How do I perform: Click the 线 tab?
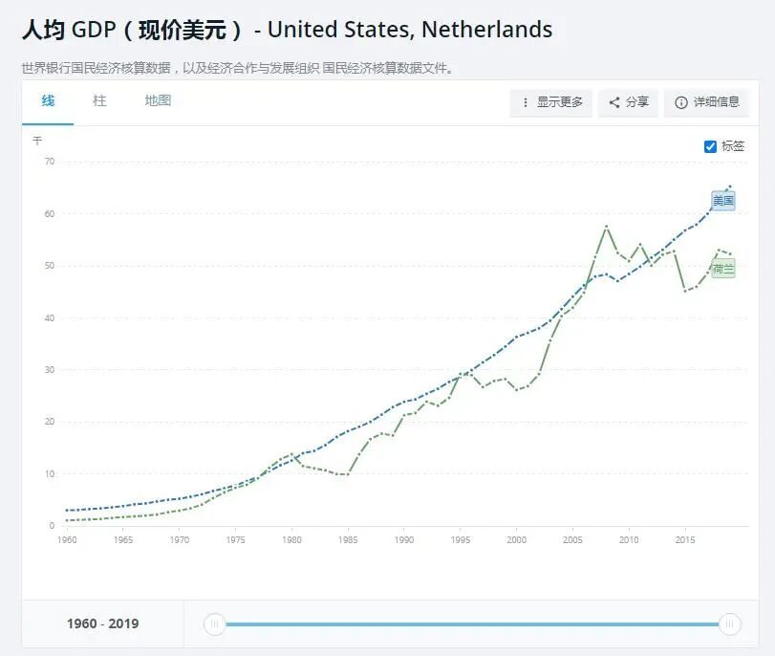pos(48,100)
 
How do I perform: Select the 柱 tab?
pos(99,100)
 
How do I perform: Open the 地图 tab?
pos(158,100)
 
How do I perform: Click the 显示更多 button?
pos(551,102)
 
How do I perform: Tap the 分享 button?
pos(629,102)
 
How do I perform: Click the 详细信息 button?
pos(706,102)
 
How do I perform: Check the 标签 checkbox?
pos(710,146)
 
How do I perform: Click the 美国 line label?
pos(723,201)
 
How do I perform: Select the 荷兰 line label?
pos(723,270)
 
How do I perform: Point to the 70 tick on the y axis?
pos(49,162)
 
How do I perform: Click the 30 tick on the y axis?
pos(49,370)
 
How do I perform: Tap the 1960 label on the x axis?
pos(67,540)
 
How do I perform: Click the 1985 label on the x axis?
pos(348,540)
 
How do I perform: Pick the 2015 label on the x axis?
pos(685,540)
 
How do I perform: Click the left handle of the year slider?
pos(215,624)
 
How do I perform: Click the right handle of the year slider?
pos(730,624)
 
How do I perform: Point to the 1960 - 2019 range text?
pos(102,623)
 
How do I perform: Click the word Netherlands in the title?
pos(486,30)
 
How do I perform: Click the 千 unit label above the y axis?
pos(37,141)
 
